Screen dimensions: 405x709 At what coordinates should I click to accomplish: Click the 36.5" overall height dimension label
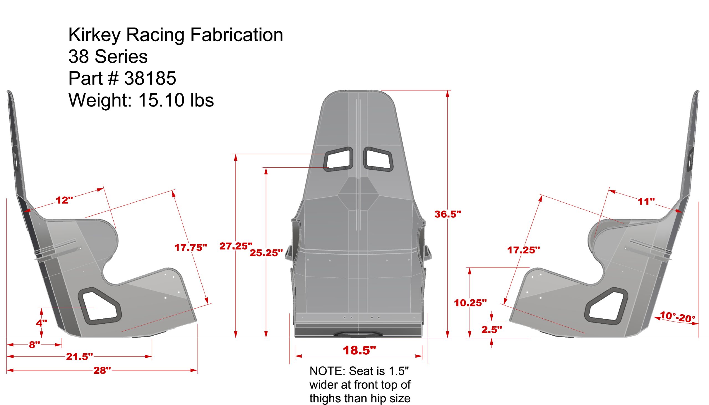(x=448, y=214)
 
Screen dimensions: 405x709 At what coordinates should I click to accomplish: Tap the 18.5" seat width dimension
(x=359, y=350)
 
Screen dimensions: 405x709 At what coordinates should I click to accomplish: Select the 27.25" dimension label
(x=236, y=246)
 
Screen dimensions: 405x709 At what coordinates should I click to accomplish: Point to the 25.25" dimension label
(x=266, y=253)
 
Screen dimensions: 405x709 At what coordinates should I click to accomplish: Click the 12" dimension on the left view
(x=64, y=200)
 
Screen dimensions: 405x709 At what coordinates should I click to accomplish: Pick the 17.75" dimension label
(x=191, y=247)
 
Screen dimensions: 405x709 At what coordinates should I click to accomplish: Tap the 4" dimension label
(x=42, y=323)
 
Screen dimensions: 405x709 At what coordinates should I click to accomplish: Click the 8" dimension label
(x=35, y=345)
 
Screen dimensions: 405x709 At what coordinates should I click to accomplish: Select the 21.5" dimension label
(x=79, y=356)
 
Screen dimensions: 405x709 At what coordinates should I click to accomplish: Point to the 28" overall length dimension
(x=102, y=370)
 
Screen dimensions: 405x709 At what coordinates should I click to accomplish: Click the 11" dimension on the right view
(x=646, y=201)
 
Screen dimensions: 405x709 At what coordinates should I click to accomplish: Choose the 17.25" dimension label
(x=523, y=250)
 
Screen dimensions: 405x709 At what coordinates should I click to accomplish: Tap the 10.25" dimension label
(x=470, y=303)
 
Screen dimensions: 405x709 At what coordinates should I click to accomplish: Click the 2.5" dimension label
(x=492, y=330)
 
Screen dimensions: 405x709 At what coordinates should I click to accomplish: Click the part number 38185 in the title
(x=150, y=78)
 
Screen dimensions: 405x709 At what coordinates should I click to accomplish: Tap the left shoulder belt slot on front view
(x=338, y=159)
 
